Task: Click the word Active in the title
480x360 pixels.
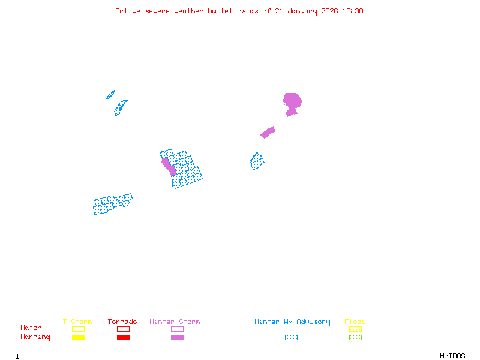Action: tap(128, 11)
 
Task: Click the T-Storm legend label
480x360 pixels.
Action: tap(77, 322)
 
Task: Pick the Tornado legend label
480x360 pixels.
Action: tap(122, 322)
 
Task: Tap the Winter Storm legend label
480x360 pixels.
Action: tap(175, 322)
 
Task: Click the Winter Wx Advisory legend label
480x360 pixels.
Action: tap(292, 322)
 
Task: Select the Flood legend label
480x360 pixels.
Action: tap(355, 322)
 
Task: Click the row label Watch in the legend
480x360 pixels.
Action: tap(31, 328)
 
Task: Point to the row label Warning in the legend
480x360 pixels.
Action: tap(35, 337)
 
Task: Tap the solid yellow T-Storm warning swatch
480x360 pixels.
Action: tap(78, 337)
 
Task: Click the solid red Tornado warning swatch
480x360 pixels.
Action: tap(123, 337)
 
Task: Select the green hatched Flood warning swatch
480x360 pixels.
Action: tap(355, 337)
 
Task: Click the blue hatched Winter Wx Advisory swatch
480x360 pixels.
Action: tap(291, 337)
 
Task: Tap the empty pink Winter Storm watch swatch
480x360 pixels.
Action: tap(177, 329)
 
